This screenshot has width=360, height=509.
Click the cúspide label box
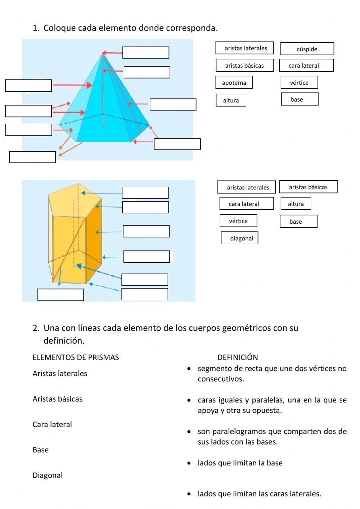(307, 49)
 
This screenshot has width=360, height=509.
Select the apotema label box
(234, 82)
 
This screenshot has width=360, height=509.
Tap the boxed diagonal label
(239, 238)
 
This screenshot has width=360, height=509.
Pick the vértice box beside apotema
(299, 82)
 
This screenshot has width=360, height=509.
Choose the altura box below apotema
(231, 100)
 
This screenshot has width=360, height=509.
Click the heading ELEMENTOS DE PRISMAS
(76, 357)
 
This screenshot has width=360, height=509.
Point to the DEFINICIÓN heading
(238, 357)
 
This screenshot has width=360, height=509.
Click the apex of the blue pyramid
(103, 53)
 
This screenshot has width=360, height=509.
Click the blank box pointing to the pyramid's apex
(146, 53)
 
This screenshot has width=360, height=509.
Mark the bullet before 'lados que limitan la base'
(189, 463)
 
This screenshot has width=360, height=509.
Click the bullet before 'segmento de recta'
(189, 369)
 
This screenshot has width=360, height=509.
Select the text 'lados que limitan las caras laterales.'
(259, 494)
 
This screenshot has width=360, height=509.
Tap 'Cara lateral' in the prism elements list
(52, 424)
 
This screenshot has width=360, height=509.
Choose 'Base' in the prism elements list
(40, 450)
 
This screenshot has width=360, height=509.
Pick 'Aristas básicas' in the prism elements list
(57, 399)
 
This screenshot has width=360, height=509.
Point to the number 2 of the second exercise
(35, 328)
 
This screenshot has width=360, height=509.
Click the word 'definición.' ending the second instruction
(64, 341)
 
